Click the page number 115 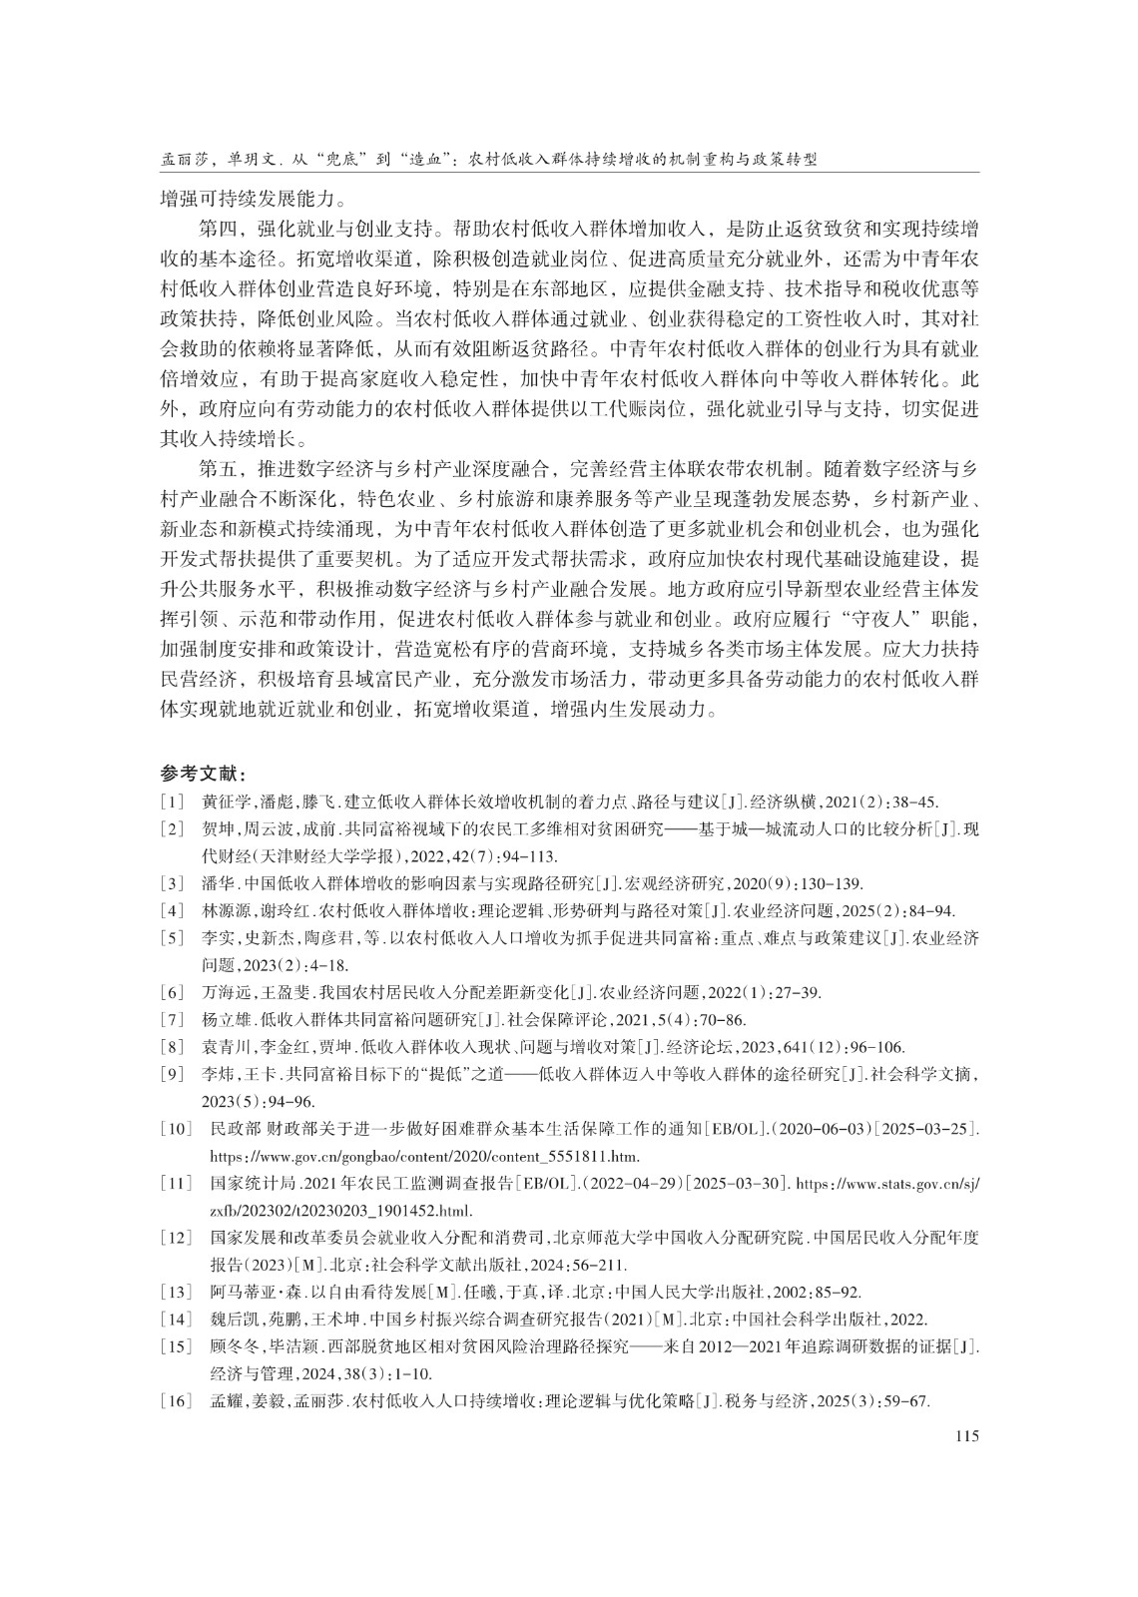click(x=966, y=1436)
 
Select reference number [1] click(x=172, y=801)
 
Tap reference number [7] click(x=172, y=1019)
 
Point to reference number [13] click(x=176, y=1292)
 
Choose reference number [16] click(x=176, y=1401)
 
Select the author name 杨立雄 click(x=225, y=1019)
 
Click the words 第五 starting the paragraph click(x=218, y=468)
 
